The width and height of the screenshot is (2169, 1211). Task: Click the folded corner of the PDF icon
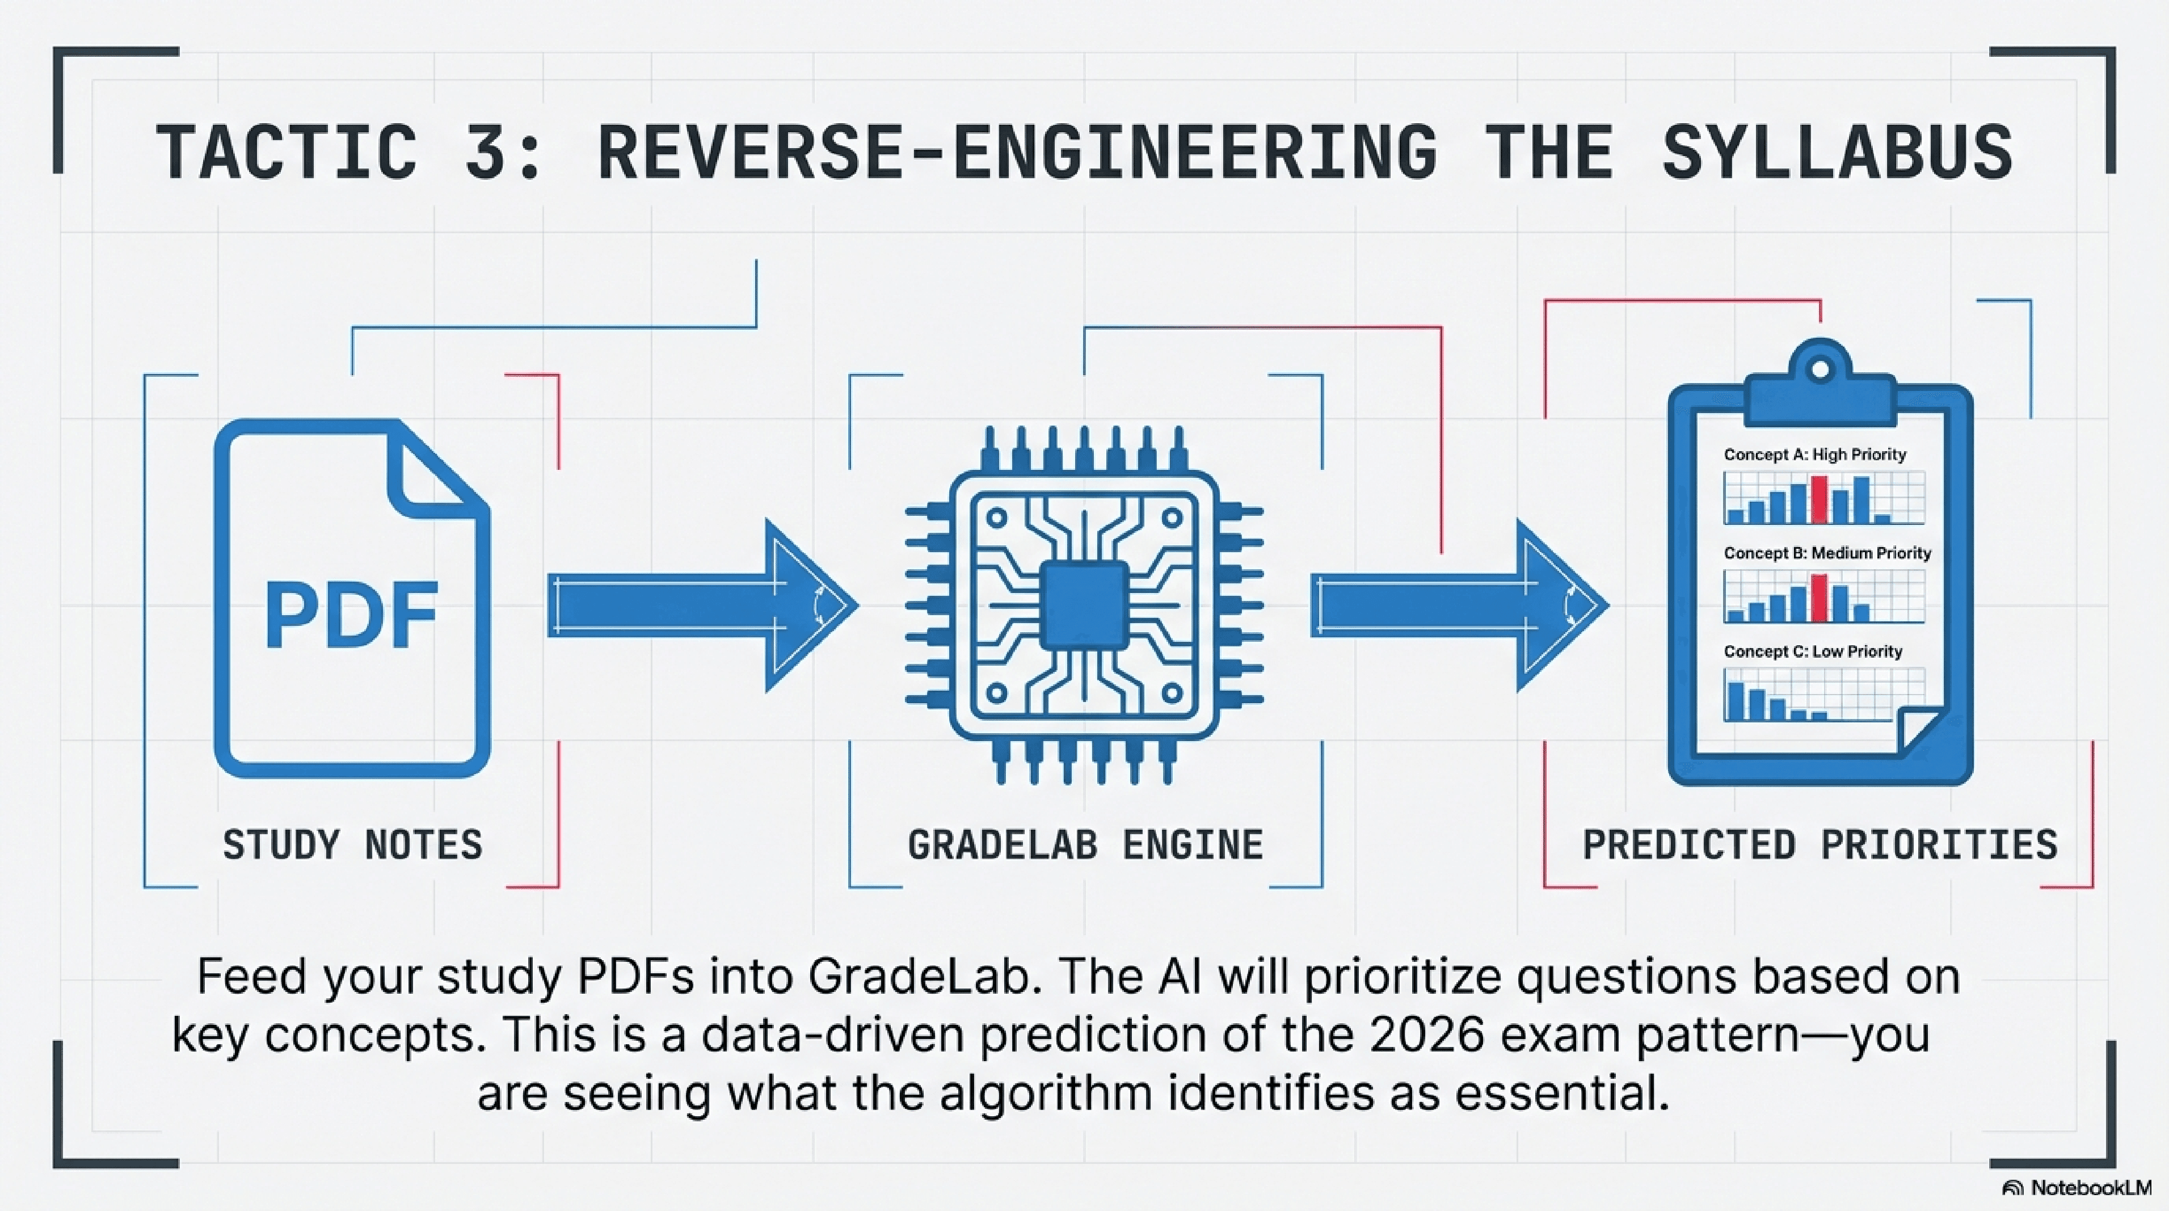430,472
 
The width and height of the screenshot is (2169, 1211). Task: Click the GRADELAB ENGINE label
1085,844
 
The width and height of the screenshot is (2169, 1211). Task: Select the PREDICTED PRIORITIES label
1820,844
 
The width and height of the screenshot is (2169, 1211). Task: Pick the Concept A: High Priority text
1814,455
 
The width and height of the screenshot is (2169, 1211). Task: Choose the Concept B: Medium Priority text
1827,553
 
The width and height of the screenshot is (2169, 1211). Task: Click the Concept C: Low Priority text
1813,652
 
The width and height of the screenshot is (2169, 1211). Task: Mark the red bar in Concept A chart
1819,500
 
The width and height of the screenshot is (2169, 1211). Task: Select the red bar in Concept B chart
1819,598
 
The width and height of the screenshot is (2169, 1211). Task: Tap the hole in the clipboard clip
1820,369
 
